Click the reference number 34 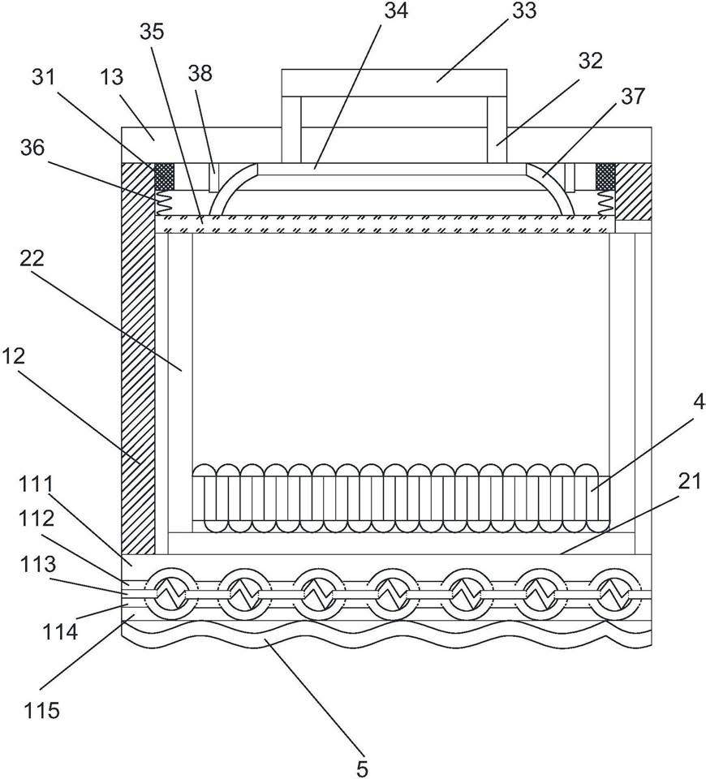click(396, 11)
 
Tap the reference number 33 click(525, 11)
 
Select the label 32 click(590, 61)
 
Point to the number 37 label click(632, 96)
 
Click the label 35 click(152, 32)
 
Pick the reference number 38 click(200, 73)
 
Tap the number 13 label click(112, 77)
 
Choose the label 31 click(44, 77)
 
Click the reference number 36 click(32, 148)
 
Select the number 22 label click(32, 258)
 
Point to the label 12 click(14, 356)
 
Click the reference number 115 click(42, 710)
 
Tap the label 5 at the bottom click(363, 768)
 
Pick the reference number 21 click(690, 481)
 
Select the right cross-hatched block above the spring click(605, 176)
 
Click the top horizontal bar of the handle click(394, 83)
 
